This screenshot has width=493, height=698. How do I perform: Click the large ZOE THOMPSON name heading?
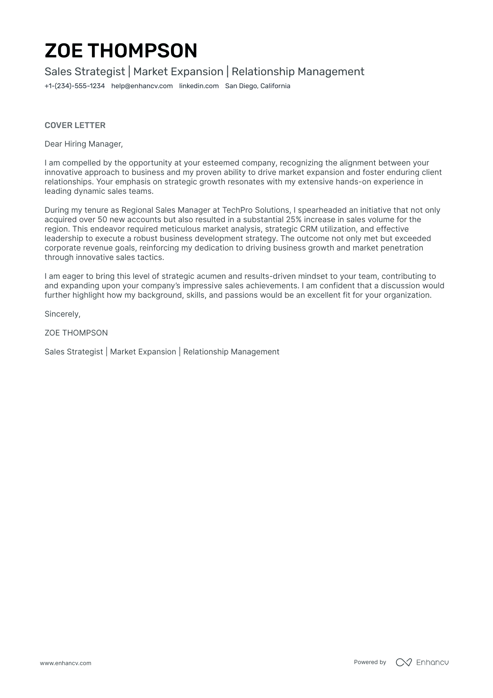tap(121, 51)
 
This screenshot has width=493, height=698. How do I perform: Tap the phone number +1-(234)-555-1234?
tap(74, 86)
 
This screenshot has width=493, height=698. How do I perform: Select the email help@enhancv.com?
tap(142, 86)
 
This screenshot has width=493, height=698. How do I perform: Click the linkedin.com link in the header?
tap(199, 86)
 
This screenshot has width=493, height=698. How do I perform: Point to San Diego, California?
tap(257, 86)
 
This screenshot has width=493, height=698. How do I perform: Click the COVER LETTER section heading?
tap(75, 125)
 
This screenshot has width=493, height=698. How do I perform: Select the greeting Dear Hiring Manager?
tap(84, 144)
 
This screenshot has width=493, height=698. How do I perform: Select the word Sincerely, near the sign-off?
tap(62, 314)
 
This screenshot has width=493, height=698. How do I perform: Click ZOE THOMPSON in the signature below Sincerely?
tap(76, 333)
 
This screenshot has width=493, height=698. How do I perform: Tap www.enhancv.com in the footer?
tap(65, 663)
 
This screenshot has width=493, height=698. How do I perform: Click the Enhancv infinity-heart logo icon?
tap(403, 662)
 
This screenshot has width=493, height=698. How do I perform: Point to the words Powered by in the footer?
tap(370, 662)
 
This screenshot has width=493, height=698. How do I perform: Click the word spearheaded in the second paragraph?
tap(319, 210)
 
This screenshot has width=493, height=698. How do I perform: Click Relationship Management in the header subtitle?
tap(298, 72)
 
